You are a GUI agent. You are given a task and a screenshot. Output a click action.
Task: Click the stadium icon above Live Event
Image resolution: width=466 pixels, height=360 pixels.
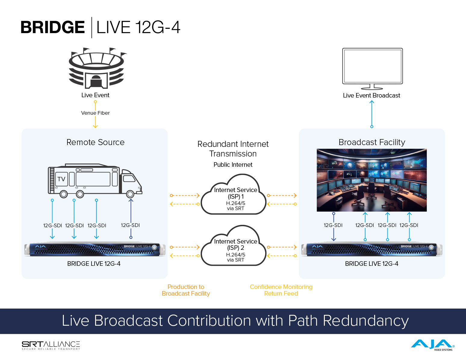tap(96, 69)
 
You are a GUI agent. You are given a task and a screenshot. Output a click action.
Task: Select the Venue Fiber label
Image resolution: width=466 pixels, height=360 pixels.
tap(95, 113)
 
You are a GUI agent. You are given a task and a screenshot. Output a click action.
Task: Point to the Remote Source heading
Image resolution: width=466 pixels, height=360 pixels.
tap(95, 142)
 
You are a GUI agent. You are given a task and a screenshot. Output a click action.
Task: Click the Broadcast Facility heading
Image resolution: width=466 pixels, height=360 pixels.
tap(372, 142)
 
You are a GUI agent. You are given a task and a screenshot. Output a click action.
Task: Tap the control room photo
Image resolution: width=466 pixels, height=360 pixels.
tap(372, 180)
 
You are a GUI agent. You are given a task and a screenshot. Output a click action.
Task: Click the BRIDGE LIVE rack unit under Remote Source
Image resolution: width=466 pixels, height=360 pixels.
tap(95, 250)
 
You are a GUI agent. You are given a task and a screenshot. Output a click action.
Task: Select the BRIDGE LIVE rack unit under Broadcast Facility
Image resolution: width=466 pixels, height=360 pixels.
tap(372, 250)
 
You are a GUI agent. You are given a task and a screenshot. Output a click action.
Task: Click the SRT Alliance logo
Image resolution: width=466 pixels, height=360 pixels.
tap(51, 345)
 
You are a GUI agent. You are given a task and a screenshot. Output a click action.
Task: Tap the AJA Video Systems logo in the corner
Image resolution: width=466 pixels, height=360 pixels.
tap(433, 345)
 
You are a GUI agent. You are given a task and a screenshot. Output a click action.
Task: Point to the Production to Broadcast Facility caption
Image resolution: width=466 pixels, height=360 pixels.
tap(186, 290)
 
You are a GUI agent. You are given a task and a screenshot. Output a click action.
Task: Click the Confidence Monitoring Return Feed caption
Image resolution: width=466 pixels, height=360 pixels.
tap(281, 290)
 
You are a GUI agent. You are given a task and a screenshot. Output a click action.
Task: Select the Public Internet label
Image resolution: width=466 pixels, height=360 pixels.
tap(233, 165)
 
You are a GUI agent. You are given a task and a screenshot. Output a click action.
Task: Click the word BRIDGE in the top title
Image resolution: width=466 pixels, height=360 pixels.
tap(53, 27)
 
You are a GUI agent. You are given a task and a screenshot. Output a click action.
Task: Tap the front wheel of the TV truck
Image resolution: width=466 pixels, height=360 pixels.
tap(130, 194)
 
